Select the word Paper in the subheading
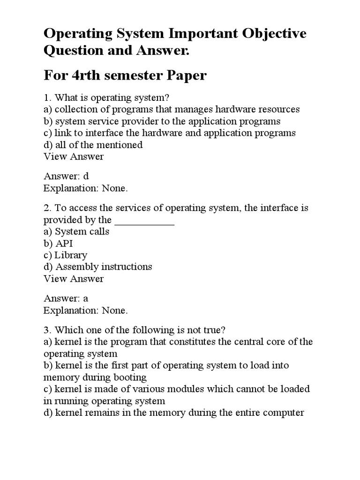point(185,75)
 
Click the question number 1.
point(46,97)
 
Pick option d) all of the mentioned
point(93,145)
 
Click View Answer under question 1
point(74,157)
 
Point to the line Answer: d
point(66,176)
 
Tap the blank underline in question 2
point(144,220)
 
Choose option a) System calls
point(76,232)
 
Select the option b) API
point(58,243)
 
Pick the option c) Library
point(65,255)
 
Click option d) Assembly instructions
point(97,267)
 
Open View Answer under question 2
point(74,279)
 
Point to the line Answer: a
point(66,299)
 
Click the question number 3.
point(46,330)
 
